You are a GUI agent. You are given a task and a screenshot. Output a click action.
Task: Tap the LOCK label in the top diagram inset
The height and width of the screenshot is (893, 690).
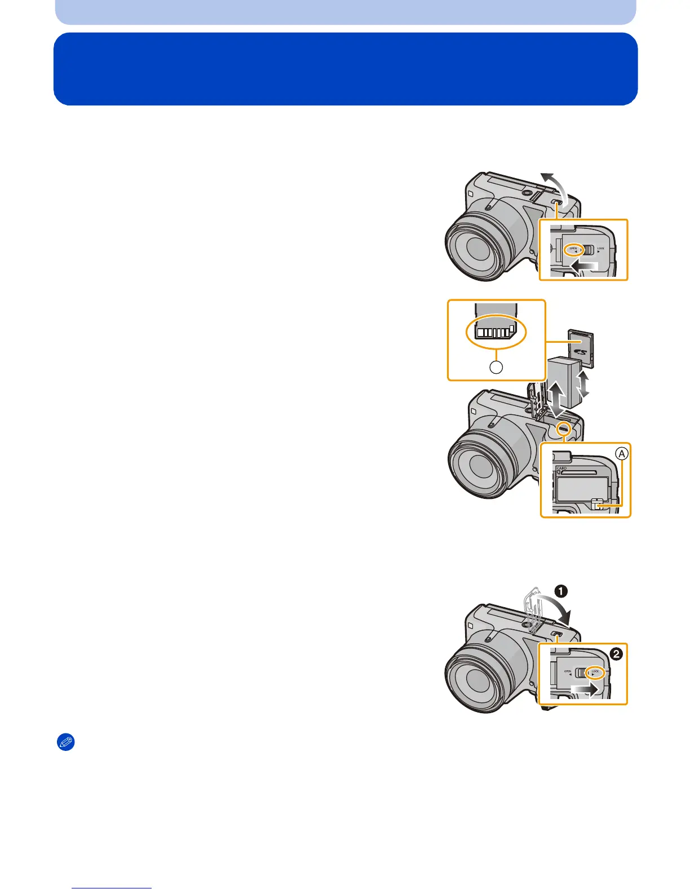[x=601, y=249]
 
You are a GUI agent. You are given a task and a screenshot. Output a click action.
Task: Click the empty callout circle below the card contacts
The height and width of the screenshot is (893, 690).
[x=496, y=367]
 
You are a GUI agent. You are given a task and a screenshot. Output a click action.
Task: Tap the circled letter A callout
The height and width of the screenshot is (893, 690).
[x=621, y=453]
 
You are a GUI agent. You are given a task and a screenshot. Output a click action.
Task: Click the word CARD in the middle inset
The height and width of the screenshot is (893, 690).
[x=561, y=468]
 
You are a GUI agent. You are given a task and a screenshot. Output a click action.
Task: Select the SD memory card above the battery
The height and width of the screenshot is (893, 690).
[x=581, y=348]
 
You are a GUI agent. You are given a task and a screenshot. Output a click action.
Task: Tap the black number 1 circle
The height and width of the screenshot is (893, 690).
[x=561, y=591]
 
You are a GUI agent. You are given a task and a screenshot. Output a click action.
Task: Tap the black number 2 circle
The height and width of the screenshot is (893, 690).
[x=617, y=654]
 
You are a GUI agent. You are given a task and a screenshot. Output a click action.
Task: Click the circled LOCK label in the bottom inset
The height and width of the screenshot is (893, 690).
[x=595, y=672]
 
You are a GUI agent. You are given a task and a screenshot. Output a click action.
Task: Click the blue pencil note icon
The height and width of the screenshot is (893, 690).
[x=67, y=743]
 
